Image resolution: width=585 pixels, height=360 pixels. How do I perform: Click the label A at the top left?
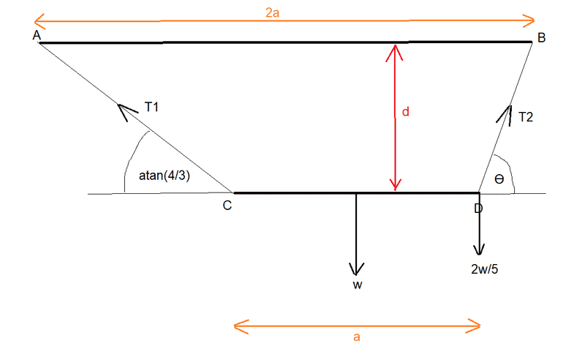37,35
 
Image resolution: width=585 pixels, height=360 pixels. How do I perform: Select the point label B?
541,37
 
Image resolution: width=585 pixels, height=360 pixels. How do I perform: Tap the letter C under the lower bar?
227,206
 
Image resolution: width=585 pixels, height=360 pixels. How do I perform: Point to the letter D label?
478,209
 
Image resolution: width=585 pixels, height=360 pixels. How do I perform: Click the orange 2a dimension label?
272,13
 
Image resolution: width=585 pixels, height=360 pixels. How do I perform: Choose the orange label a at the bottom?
357,337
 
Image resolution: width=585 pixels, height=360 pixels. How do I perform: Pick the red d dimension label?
406,112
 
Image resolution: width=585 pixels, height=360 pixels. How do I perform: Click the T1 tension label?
151,107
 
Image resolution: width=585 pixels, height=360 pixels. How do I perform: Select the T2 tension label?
526,117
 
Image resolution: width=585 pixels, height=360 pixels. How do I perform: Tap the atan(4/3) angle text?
164,175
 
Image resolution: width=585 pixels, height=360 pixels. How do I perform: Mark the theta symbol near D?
499,179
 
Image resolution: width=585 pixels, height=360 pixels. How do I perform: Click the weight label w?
358,285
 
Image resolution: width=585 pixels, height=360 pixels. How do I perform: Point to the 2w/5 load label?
484,269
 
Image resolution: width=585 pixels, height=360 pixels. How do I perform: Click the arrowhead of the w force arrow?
357,274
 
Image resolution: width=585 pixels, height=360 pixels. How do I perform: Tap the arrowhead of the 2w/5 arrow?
479,254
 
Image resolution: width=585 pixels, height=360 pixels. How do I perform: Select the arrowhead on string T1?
118,104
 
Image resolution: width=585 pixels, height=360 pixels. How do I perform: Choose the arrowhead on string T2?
510,106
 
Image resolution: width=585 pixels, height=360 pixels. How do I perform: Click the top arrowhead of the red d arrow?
395,45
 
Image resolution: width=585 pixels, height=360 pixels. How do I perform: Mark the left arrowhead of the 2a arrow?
34,22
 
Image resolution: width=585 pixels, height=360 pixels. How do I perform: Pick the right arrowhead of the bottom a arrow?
480,326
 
